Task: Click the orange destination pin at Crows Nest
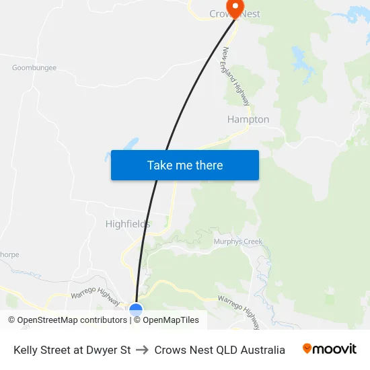(235, 7)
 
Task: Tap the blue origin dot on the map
(136, 309)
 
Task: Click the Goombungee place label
(34, 68)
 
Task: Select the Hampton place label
(248, 120)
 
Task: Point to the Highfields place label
(128, 224)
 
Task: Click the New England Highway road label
(236, 76)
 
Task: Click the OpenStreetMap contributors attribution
(72, 320)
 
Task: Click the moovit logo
(330, 349)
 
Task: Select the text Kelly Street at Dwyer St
(72, 350)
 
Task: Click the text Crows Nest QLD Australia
(220, 350)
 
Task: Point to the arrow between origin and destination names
(142, 350)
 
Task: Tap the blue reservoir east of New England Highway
(297, 58)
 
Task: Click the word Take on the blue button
(159, 165)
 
